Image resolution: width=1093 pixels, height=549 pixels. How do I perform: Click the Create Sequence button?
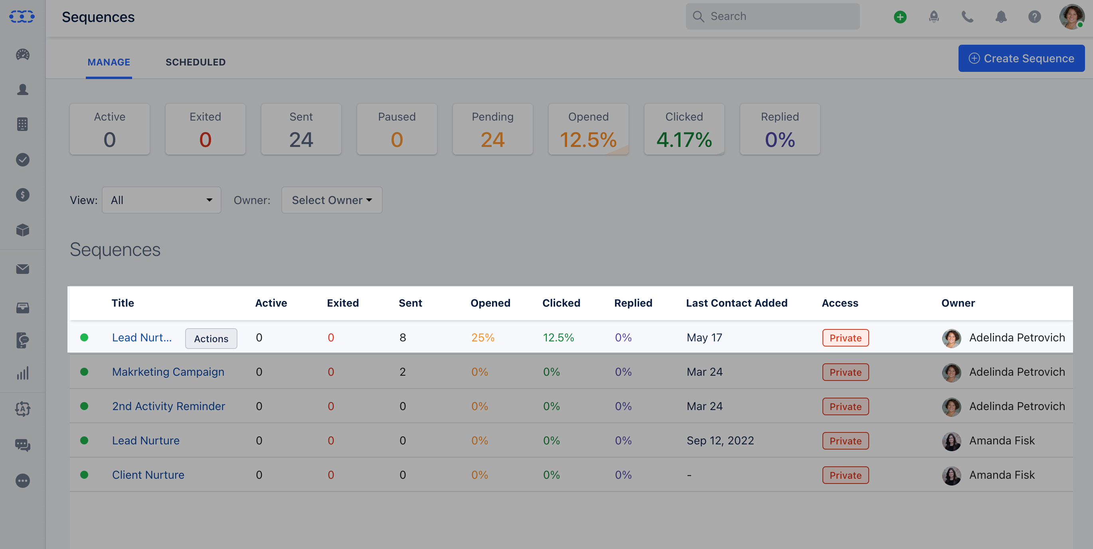point(1021,58)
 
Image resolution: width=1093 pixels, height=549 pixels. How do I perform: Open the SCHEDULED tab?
point(195,62)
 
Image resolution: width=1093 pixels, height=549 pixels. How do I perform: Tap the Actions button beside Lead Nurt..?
point(211,339)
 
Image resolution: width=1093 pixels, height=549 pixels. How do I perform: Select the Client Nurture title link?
point(148,475)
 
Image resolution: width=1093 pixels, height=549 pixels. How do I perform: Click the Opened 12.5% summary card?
point(588,129)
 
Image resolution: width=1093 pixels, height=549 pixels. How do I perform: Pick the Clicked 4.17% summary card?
point(684,129)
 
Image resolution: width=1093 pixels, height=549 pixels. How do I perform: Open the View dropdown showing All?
point(161,200)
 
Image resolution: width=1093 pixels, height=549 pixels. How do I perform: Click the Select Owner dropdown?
point(331,200)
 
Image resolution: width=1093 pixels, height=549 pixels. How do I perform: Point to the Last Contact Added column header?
point(736,303)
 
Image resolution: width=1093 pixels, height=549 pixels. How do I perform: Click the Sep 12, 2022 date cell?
point(720,440)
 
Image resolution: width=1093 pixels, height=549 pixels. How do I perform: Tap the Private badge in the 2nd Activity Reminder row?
point(845,406)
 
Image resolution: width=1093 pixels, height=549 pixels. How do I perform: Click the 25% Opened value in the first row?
point(482,337)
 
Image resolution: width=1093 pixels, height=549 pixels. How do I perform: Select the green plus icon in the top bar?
point(900,17)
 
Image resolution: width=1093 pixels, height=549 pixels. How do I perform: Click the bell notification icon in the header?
point(1000,17)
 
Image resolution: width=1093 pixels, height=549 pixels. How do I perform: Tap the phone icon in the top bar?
point(967,17)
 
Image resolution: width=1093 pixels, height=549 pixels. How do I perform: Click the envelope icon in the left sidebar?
point(22,269)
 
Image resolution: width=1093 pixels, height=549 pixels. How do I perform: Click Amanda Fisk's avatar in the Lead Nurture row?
point(951,441)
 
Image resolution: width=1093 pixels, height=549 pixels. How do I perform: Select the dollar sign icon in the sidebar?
point(22,195)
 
